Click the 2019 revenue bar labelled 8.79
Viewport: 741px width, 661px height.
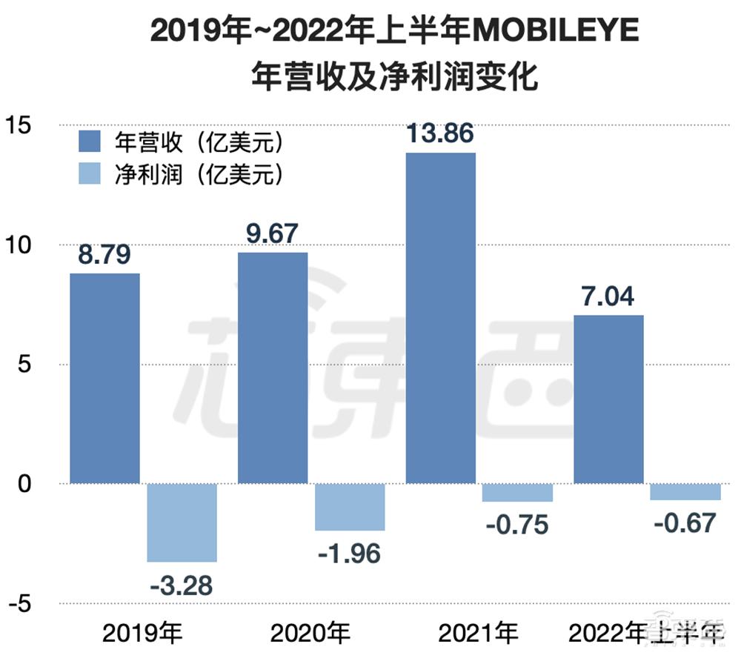pyautogui.click(x=104, y=378)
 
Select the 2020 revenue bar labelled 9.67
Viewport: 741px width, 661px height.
pyautogui.click(x=272, y=368)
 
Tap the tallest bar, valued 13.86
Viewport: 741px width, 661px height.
pyautogui.click(x=441, y=318)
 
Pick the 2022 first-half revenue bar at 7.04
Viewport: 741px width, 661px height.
pyautogui.click(x=608, y=399)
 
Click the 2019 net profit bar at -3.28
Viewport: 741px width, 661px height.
pyautogui.click(x=182, y=522)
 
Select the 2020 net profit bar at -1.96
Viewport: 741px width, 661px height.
pyautogui.click(x=350, y=507)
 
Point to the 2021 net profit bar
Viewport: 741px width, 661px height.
pyautogui.click(x=517, y=493)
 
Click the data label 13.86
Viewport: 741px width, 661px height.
pyautogui.click(x=441, y=134)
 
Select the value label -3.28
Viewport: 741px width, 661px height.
pyautogui.click(x=182, y=585)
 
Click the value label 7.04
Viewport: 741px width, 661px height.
pyautogui.click(x=608, y=297)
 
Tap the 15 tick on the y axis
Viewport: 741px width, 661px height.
pyautogui.click(x=21, y=125)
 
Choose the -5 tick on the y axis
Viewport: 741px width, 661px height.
pyautogui.click(x=21, y=604)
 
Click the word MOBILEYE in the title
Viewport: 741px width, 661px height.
pyautogui.click(x=554, y=33)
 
